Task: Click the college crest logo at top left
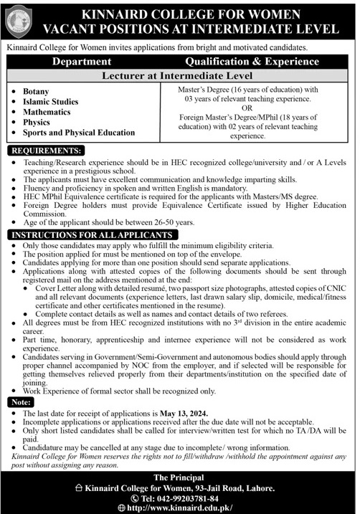[x=19, y=20]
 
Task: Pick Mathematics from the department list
[x=47, y=113]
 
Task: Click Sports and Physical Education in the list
[x=79, y=133]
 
